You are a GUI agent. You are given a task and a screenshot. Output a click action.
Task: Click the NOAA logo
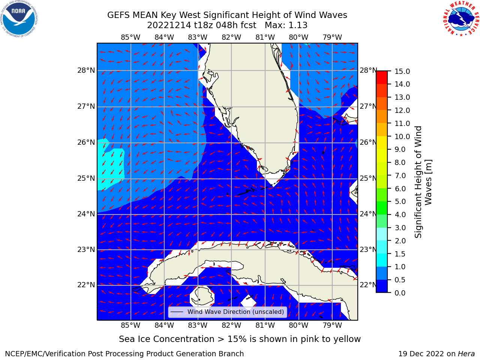coord(19,19)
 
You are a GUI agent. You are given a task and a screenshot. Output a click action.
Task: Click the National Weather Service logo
coord(461,18)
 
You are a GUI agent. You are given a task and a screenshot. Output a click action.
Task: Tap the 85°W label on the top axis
coord(130,37)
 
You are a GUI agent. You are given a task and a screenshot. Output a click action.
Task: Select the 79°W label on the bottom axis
coord(332,325)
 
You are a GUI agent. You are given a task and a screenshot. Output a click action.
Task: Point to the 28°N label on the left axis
coord(86,70)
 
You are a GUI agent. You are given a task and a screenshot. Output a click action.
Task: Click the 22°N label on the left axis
coord(86,285)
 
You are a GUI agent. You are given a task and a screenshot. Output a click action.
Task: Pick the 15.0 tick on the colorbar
coord(402,71)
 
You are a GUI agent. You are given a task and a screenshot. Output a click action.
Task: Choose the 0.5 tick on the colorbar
coord(400,280)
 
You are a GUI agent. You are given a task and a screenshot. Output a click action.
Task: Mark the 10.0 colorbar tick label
coord(402,136)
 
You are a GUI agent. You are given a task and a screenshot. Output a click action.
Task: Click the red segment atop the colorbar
coord(382,77)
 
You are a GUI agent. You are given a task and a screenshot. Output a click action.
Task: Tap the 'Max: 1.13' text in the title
coord(286,25)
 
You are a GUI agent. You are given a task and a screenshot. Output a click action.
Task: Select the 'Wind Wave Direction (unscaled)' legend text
coord(235,312)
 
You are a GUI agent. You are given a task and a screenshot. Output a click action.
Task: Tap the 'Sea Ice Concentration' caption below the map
coord(166,339)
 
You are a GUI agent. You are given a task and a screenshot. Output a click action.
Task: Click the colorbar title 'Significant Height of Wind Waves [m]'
coord(423,182)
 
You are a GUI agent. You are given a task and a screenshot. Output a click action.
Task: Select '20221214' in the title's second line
coord(169,25)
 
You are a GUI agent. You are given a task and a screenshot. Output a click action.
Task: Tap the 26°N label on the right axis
coord(368,142)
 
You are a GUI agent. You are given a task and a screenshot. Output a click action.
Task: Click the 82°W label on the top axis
coord(231,37)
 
